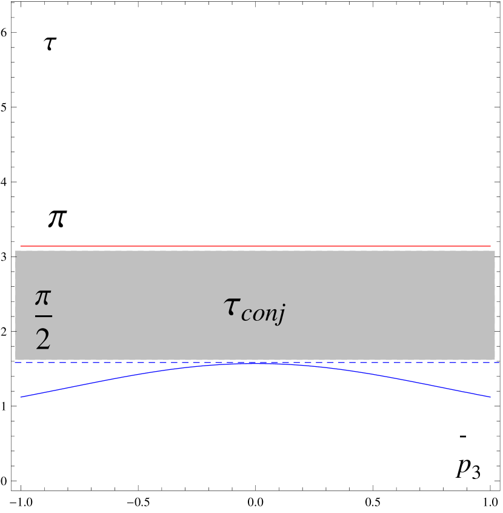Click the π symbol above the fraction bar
pos(43,298)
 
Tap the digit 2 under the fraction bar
pos(43,340)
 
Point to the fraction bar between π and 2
pos(43,316)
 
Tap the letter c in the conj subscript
pos(245,314)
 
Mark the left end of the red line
pos(21,246)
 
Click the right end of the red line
pos(490,246)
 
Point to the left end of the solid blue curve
pos(21,397)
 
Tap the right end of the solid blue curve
pos(490,397)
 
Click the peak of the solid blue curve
pos(255,364)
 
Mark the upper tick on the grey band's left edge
pos(17,256)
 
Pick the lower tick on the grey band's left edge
pos(17,331)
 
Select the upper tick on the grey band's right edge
pos(493,256)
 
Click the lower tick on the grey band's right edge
pos(493,331)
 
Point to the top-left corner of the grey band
pos(16,251)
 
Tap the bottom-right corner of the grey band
pos(495,359)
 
